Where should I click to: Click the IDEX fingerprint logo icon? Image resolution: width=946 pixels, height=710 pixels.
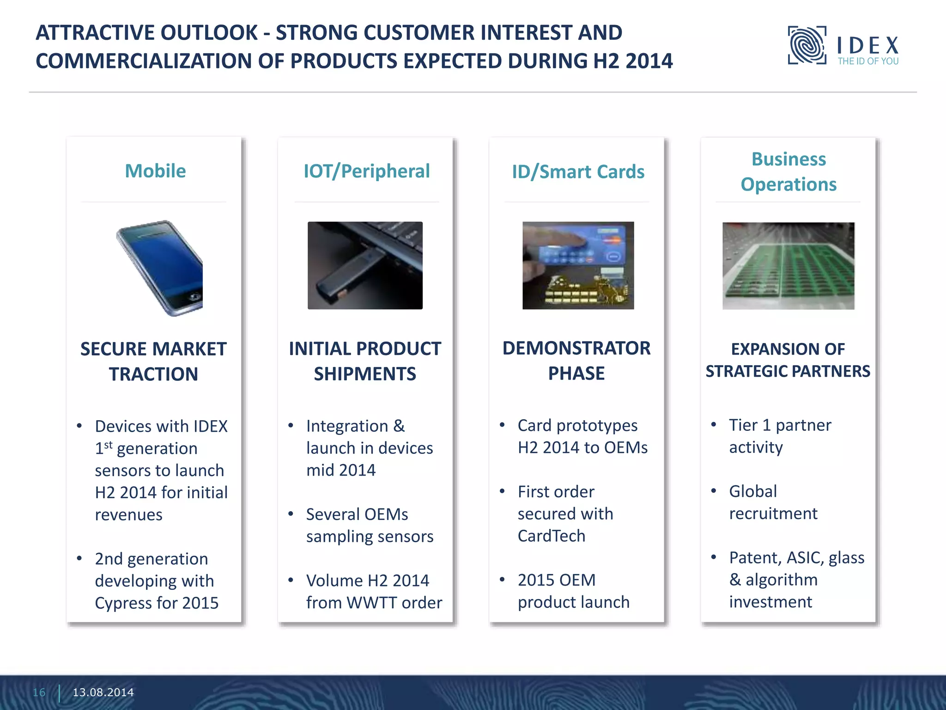(x=807, y=45)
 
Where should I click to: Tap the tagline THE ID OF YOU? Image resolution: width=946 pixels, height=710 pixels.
(x=868, y=61)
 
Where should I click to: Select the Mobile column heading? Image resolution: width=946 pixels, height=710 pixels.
(x=155, y=171)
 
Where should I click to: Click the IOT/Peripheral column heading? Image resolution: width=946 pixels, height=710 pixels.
(x=366, y=171)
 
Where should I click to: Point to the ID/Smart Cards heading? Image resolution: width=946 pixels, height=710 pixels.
(x=578, y=172)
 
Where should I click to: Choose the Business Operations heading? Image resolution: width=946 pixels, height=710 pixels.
(x=788, y=171)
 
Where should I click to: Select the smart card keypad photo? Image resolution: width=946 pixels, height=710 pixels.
(x=578, y=265)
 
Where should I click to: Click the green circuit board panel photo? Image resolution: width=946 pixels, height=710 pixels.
(x=788, y=266)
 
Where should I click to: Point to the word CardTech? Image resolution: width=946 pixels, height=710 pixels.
(x=551, y=536)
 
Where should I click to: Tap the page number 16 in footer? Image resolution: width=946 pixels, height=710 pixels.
(x=39, y=692)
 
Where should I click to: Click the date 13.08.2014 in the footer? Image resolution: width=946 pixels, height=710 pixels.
(x=103, y=692)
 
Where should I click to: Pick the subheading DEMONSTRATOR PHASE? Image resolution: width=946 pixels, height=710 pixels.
(x=576, y=361)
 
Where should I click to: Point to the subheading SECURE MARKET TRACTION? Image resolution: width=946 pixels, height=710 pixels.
(x=153, y=361)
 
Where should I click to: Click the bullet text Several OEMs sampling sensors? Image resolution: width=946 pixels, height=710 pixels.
(x=369, y=526)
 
